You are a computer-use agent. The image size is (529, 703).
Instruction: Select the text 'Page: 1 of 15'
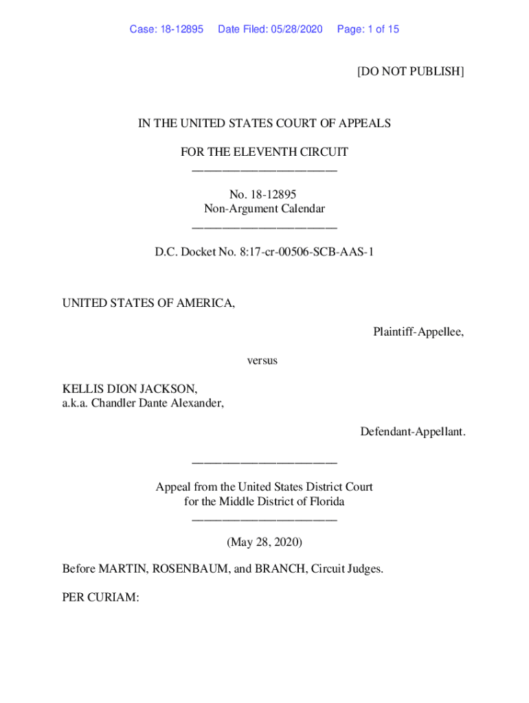click(x=368, y=29)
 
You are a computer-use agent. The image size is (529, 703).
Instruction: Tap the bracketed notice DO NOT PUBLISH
click(x=410, y=71)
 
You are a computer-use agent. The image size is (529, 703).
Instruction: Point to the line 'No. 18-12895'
click(x=264, y=195)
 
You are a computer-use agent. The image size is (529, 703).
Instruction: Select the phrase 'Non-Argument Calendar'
click(x=264, y=209)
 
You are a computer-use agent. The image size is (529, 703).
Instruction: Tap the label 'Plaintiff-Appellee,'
click(x=418, y=332)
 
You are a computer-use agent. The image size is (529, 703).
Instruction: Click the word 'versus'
click(x=262, y=360)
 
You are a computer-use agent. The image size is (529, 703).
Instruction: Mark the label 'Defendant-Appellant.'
click(x=412, y=432)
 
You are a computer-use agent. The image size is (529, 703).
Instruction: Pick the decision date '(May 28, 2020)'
click(x=264, y=542)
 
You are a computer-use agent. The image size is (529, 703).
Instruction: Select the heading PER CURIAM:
click(x=101, y=597)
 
